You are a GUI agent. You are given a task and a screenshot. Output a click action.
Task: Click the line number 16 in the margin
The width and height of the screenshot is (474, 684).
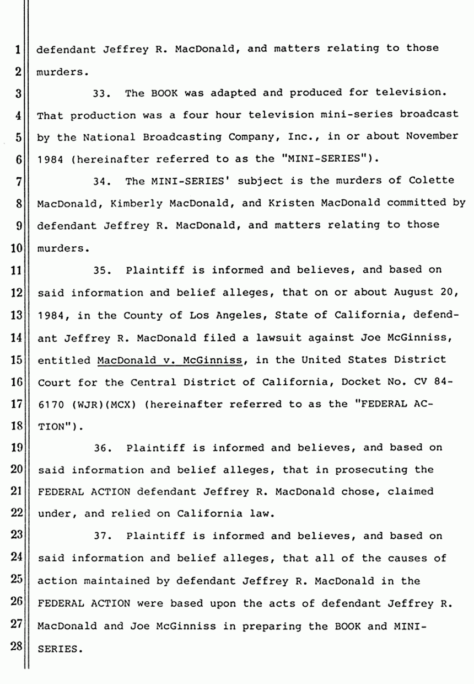coord(17,382)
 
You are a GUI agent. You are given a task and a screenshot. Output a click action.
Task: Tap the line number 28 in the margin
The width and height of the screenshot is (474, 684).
coord(17,649)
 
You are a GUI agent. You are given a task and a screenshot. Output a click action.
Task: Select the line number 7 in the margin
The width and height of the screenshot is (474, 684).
coord(18,181)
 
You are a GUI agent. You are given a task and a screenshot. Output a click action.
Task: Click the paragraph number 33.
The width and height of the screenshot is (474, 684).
coord(103,93)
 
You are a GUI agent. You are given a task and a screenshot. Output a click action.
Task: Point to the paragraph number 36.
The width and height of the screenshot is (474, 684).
coord(103,448)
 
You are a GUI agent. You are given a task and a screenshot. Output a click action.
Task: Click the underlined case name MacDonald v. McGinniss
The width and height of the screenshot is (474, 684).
coord(169,360)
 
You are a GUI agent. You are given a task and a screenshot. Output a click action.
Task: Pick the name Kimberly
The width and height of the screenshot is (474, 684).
coord(137,203)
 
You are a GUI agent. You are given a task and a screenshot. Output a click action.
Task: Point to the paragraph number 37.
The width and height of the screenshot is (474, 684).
coord(103,536)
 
